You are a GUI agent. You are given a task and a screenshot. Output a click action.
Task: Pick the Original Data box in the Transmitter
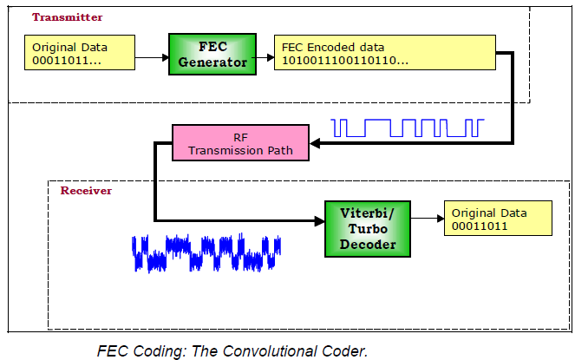click(x=82, y=53)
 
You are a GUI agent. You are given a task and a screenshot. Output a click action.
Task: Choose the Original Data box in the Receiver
click(x=498, y=220)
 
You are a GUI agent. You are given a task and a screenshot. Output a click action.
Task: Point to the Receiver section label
click(x=86, y=189)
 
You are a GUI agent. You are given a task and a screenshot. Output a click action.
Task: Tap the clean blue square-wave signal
click(x=408, y=128)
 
